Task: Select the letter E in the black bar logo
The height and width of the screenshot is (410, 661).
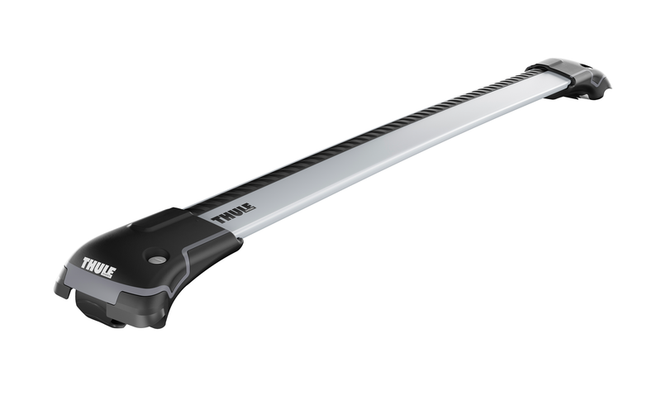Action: (250, 207)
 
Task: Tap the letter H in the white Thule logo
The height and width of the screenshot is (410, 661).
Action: (91, 267)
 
